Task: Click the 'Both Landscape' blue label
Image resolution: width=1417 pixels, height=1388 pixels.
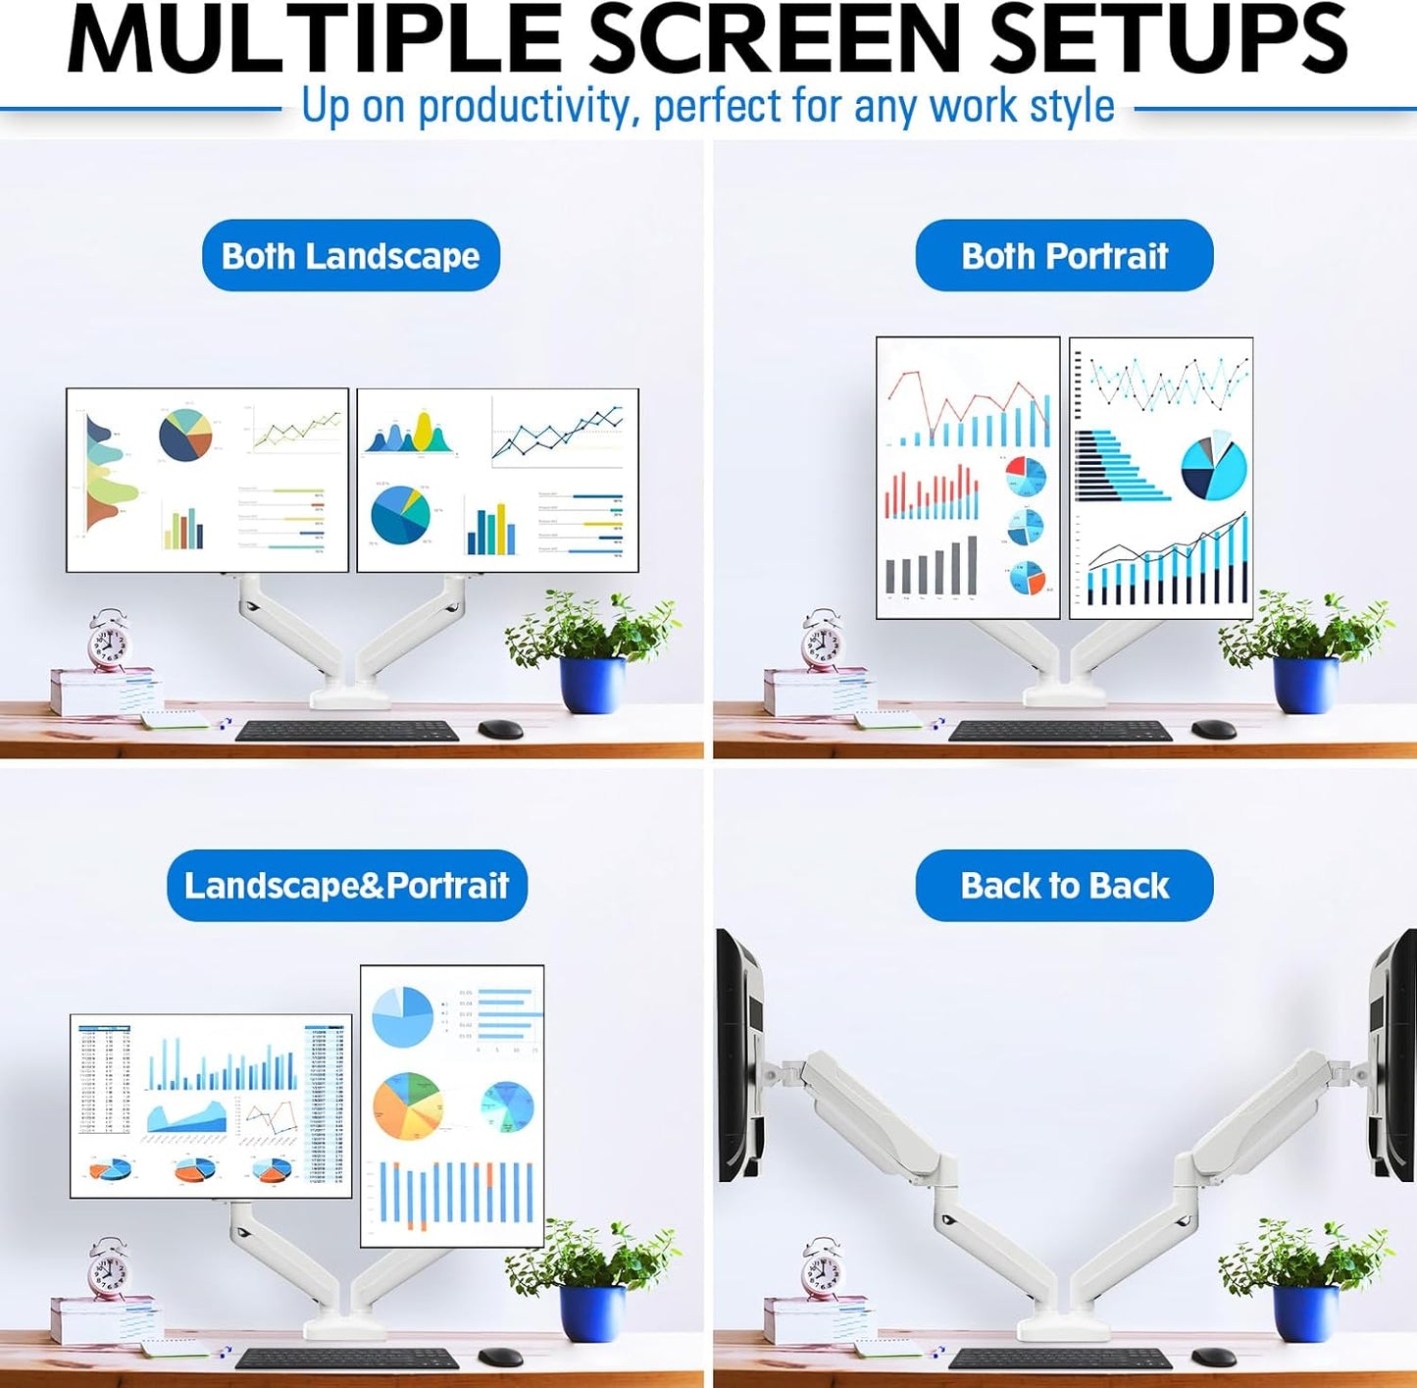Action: point(350,255)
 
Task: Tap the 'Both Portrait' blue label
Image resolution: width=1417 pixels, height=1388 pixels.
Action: point(1064,255)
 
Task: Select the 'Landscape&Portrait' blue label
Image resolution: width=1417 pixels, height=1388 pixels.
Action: point(346,885)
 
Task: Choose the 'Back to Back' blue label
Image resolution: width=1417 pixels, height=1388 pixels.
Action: point(1064,885)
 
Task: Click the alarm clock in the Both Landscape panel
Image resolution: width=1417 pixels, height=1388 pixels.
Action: point(107,642)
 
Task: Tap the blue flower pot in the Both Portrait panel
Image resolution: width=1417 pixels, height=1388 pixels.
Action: point(1304,685)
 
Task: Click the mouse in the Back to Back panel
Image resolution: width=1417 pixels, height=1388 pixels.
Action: point(1213,1357)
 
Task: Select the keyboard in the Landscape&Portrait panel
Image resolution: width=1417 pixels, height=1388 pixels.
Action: point(346,1359)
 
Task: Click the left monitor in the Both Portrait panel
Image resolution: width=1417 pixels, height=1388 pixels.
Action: point(968,478)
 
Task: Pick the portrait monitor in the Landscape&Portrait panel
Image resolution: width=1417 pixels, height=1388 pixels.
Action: point(452,1105)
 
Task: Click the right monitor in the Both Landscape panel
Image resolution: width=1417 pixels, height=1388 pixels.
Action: point(497,480)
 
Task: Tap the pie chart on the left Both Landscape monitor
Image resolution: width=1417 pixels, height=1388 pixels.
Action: point(185,435)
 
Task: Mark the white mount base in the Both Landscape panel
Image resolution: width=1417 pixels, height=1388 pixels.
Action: point(350,697)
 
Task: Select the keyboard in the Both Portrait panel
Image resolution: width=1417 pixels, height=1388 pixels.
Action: point(1060,731)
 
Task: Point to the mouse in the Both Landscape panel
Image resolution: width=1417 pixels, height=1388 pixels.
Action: point(500,729)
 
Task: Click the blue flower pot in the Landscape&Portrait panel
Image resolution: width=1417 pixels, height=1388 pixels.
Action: point(591,1312)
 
